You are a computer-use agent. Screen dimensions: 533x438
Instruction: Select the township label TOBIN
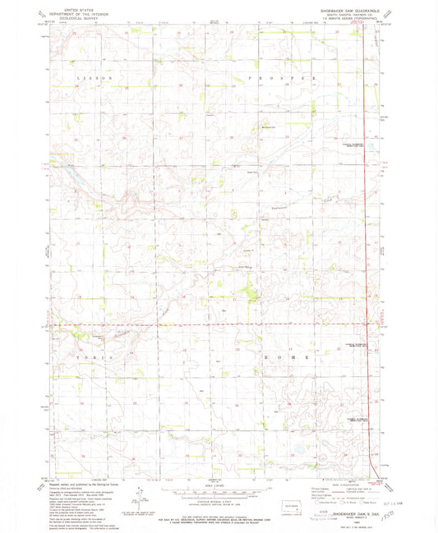pos(91,359)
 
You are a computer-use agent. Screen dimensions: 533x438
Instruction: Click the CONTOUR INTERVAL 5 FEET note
pos(216,504)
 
